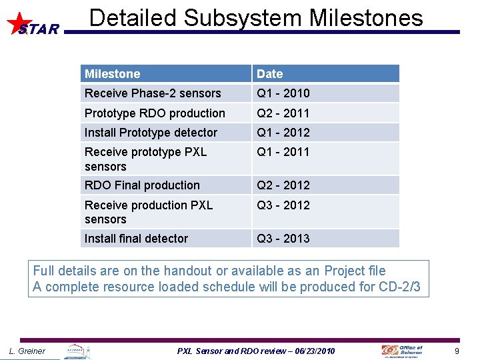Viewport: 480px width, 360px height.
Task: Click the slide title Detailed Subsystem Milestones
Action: point(256,18)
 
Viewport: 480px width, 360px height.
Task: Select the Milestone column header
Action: point(112,74)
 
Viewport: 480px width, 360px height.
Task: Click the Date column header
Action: point(270,74)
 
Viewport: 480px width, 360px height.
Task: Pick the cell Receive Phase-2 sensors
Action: point(153,93)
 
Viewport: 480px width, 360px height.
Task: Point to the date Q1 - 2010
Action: point(283,93)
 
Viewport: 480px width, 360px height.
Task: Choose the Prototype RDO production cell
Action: point(155,113)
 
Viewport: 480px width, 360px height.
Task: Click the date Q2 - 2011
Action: point(283,113)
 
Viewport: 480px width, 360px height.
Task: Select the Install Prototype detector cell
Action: point(151,133)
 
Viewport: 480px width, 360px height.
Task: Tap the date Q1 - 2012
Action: point(283,133)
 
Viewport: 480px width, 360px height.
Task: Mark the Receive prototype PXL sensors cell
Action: point(145,159)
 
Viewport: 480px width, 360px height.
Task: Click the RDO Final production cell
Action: point(142,185)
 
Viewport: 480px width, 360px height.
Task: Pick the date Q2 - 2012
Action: point(283,185)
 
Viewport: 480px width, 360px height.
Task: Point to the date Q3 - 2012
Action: point(283,205)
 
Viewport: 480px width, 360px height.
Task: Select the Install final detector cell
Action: point(136,239)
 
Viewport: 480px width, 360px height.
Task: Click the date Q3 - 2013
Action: point(283,239)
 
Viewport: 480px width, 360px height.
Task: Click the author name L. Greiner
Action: point(27,351)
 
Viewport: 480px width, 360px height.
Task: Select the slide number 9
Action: point(457,351)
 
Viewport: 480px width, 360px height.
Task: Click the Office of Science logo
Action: point(402,351)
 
